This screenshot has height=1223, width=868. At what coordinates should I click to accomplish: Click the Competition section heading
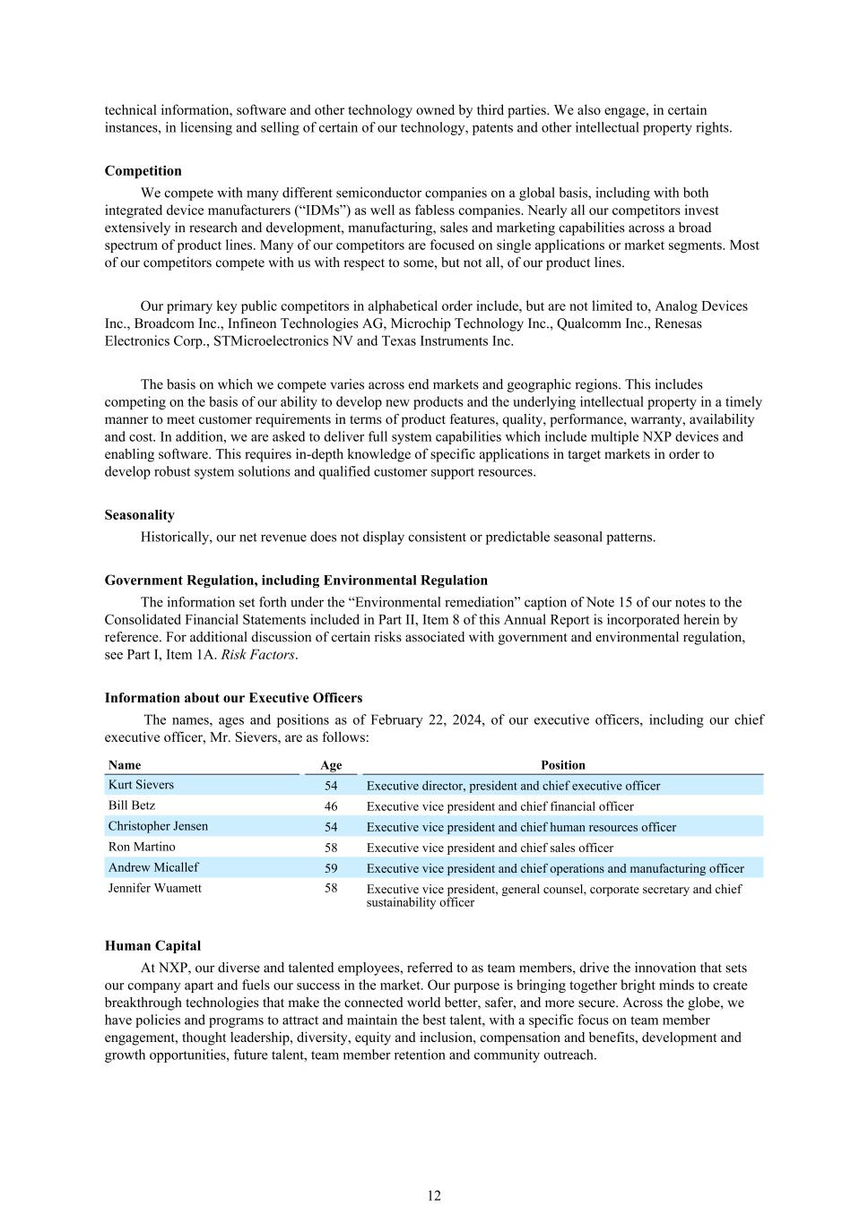coord(143,171)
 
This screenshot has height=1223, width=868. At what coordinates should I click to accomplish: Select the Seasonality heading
coord(139,515)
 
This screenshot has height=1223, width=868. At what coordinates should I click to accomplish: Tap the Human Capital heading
coord(152,946)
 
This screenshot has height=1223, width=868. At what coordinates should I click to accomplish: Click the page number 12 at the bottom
coord(434,1196)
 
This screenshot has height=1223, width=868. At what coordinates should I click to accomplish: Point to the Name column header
coord(125,765)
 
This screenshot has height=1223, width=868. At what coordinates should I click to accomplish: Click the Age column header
coord(331,765)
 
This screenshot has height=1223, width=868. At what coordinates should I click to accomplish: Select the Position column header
coord(563,765)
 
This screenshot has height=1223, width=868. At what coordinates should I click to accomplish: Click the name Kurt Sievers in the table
coord(141,785)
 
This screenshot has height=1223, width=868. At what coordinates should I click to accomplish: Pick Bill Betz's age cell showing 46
coord(331,806)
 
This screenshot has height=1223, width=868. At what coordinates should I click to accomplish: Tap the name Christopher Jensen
coord(158,826)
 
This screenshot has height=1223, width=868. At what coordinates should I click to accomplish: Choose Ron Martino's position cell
coord(490,848)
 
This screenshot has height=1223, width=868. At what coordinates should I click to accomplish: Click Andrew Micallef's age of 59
coord(331,868)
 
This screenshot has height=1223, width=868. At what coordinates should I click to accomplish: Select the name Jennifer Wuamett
coord(154,888)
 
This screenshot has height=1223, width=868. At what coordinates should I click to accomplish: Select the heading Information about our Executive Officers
coord(233,698)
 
